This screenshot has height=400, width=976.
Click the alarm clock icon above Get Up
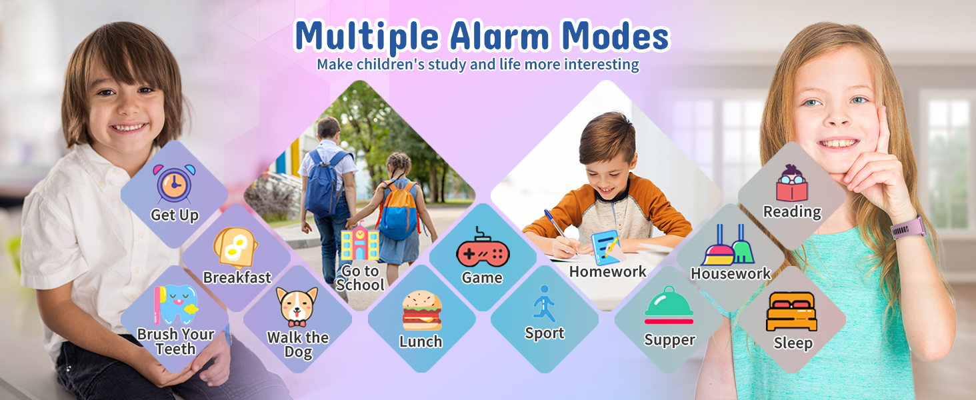(175, 183)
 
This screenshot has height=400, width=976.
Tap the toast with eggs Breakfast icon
(235, 247)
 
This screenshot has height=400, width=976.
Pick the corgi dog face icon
(297, 307)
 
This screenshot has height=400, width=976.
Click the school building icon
(359, 243)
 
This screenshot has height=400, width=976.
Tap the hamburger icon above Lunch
(421, 311)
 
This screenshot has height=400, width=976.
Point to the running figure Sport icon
(544, 304)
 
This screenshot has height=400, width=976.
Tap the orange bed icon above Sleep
(791, 311)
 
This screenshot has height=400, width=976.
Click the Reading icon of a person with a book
(791, 183)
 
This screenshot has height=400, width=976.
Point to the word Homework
(607, 272)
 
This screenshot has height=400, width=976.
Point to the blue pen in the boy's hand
(555, 223)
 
